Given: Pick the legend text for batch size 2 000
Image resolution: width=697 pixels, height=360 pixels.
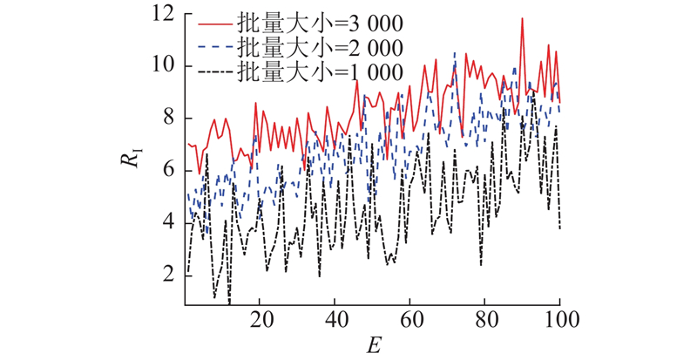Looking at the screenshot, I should (x=320, y=46).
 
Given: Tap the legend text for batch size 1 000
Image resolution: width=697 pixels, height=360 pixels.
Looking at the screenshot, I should (x=320, y=73).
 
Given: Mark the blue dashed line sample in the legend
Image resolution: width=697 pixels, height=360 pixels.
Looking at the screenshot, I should (x=214, y=46).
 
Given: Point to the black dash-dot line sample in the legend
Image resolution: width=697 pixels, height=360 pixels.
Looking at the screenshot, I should (x=214, y=73).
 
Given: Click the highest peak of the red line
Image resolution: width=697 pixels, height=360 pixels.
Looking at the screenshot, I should (x=522, y=18).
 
